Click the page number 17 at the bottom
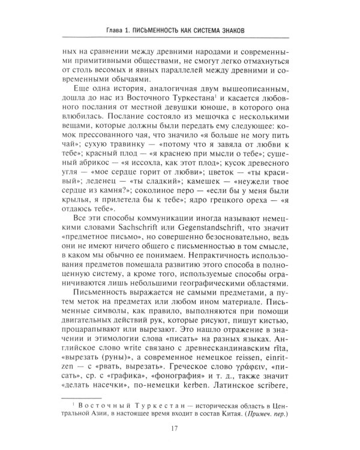[x=180, y=428]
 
